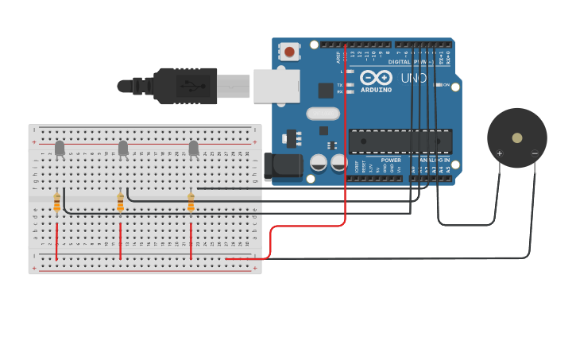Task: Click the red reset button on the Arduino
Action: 289,52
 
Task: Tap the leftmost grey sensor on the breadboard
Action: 60,148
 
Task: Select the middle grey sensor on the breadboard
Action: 123,148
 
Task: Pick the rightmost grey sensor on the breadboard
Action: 194,148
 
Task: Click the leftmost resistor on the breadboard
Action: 56,203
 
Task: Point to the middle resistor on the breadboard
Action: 120,203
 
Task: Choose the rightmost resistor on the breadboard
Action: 191,203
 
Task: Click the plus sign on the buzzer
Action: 500,153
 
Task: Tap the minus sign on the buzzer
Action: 535,153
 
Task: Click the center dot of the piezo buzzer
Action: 517,137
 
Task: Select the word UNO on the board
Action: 414,78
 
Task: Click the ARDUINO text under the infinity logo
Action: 376,90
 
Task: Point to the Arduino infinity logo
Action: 376,78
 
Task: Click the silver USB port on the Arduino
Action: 276,86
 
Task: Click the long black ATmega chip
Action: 400,141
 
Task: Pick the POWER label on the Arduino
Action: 391,160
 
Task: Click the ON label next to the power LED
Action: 446,85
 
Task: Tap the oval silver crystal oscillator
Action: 323,114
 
